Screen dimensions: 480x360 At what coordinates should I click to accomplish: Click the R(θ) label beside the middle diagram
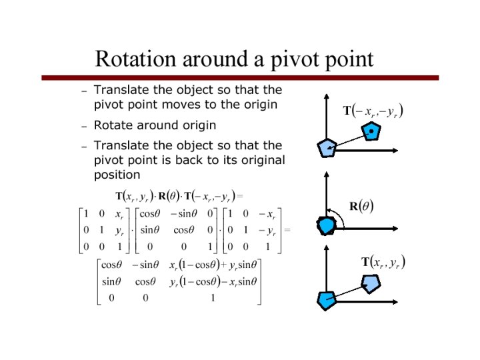pyautogui.click(x=361, y=206)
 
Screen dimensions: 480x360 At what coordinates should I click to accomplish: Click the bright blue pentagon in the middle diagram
pyautogui.click(x=326, y=225)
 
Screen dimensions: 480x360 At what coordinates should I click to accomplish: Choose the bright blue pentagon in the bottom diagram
pyautogui.click(x=327, y=301)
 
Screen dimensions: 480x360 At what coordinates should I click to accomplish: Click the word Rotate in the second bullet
pyautogui.click(x=111, y=125)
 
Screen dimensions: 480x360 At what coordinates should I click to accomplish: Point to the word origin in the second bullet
pyautogui.click(x=197, y=125)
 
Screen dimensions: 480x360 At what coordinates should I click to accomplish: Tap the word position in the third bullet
pyautogui.click(x=117, y=175)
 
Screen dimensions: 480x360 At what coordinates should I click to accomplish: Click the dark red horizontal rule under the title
pyautogui.click(x=240, y=78)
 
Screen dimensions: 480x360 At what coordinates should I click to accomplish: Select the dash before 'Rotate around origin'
pyautogui.click(x=84, y=125)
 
